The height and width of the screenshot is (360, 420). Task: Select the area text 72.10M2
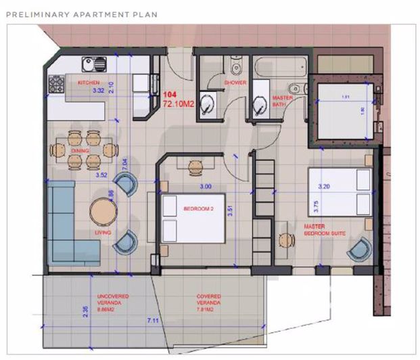tap(179, 104)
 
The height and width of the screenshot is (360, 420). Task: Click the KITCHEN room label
tap(89, 82)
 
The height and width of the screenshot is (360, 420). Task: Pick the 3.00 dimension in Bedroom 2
tap(204, 186)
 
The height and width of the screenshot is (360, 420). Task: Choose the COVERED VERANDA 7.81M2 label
tap(210, 300)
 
